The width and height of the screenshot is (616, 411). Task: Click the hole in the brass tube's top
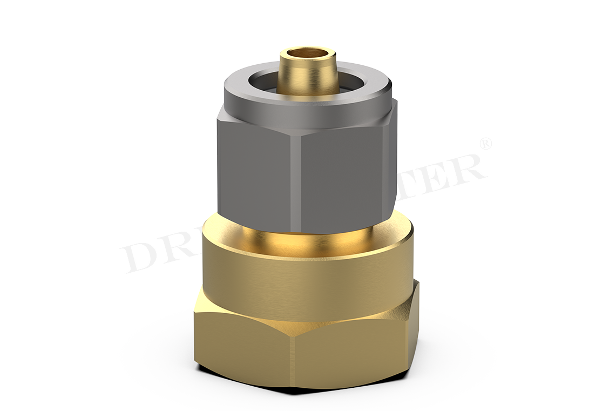point(306,54)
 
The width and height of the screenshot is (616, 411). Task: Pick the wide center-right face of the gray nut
point(340,173)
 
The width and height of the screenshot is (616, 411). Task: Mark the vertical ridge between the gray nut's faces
point(295,178)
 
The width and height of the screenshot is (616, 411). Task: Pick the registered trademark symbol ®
point(485,144)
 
